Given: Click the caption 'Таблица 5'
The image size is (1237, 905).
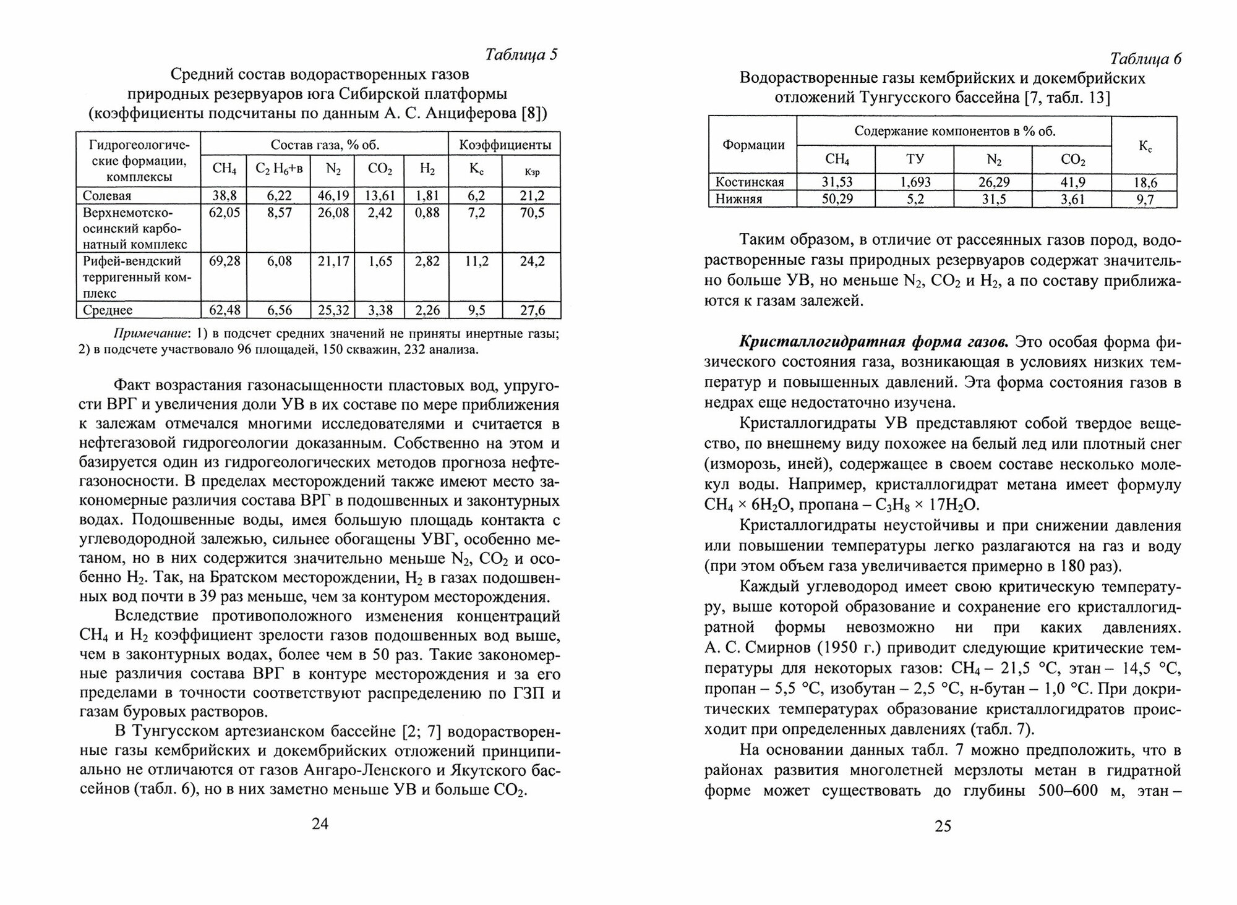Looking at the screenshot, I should [x=521, y=55].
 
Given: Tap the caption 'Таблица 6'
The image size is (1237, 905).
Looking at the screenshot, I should [x=1145, y=59].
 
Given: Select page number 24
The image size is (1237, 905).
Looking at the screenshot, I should [x=320, y=823].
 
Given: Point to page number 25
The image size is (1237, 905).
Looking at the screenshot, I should [x=943, y=826].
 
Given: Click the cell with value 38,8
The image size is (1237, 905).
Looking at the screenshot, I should [x=223, y=196].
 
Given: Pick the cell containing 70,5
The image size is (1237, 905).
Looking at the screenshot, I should [x=532, y=213].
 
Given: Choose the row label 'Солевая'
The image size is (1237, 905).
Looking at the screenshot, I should [x=107, y=196].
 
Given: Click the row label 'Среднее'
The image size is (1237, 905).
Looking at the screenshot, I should [x=108, y=310].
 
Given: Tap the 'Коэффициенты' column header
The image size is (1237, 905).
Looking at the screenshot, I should [x=505, y=145].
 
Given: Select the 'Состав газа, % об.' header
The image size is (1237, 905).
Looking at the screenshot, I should [x=325, y=145].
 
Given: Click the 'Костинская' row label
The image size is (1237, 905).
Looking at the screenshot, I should [x=750, y=182].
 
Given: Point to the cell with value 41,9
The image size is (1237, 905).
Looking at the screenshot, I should [x=1072, y=182].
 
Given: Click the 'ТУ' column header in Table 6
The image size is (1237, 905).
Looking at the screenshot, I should [x=915, y=159].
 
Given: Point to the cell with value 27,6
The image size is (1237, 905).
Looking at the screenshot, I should [x=532, y=310].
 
